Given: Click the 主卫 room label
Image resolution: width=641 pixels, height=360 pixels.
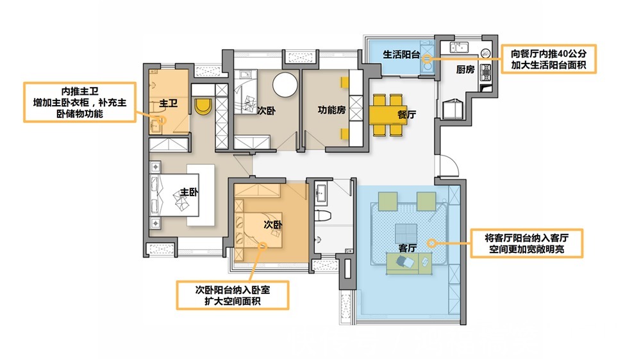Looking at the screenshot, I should (168, 102).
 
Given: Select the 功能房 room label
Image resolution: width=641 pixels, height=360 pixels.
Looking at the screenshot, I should (332, 110).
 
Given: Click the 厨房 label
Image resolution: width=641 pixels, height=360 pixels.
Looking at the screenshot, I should (465, 70).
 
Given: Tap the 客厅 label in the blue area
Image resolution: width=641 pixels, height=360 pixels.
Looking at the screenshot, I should (408, 247).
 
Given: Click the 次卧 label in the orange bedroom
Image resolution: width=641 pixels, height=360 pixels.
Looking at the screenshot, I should (273, 225).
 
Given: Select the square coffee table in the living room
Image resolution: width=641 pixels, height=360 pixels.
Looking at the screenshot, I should (404, 231).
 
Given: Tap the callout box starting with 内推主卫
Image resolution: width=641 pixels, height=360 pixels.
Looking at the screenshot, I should (79, 102).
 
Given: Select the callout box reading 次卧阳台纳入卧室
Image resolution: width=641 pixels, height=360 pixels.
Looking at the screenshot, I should (233, 295).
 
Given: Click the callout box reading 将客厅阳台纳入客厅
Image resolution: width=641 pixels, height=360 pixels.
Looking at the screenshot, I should (527, 243).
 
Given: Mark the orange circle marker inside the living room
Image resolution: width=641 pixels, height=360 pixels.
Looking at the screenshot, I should (432, 243).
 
